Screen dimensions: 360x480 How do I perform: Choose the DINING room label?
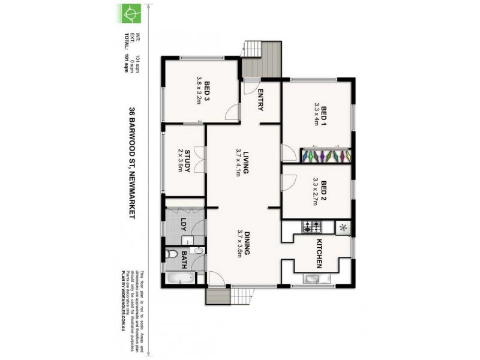pos(246,242)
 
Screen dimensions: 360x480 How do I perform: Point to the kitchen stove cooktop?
pos(312,227)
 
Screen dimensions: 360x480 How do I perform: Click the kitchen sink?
pos(314,278)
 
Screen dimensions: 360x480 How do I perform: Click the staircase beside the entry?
pos(262,59)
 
